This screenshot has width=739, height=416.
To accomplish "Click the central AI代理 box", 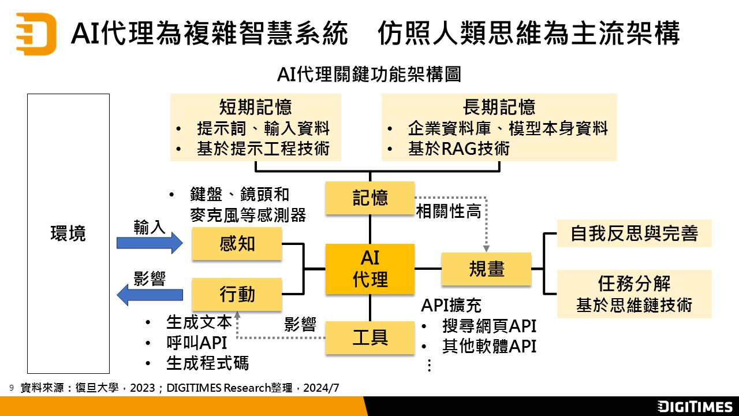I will pos(369,269).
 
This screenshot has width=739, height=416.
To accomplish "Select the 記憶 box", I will pos(369,198).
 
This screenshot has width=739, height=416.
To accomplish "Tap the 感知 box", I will pos(237,243).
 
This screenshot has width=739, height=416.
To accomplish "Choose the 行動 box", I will pos(237,294).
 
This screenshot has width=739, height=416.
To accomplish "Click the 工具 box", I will pos(369,337).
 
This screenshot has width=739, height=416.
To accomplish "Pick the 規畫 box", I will pos(486,269).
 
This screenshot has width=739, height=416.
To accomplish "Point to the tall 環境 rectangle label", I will pos(68,234).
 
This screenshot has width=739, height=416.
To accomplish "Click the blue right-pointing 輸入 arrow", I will pos(149,243).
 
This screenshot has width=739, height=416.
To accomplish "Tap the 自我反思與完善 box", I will pos(634,233).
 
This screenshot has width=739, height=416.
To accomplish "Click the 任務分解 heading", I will pos(634,284).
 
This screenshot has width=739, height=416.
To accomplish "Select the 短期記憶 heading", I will pos(255,107).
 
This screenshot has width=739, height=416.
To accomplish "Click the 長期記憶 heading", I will pos(499,107).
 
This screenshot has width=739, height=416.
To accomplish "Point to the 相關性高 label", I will pos(449,211).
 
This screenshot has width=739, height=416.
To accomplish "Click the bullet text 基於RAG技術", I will pos(459,148).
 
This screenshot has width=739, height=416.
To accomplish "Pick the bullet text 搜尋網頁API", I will pos(489,326).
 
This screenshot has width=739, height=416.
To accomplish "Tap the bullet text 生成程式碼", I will pos(207,363).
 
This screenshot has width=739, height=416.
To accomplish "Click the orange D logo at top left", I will pos(36,34).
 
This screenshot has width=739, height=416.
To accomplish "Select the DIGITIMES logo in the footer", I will pos(695,406).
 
